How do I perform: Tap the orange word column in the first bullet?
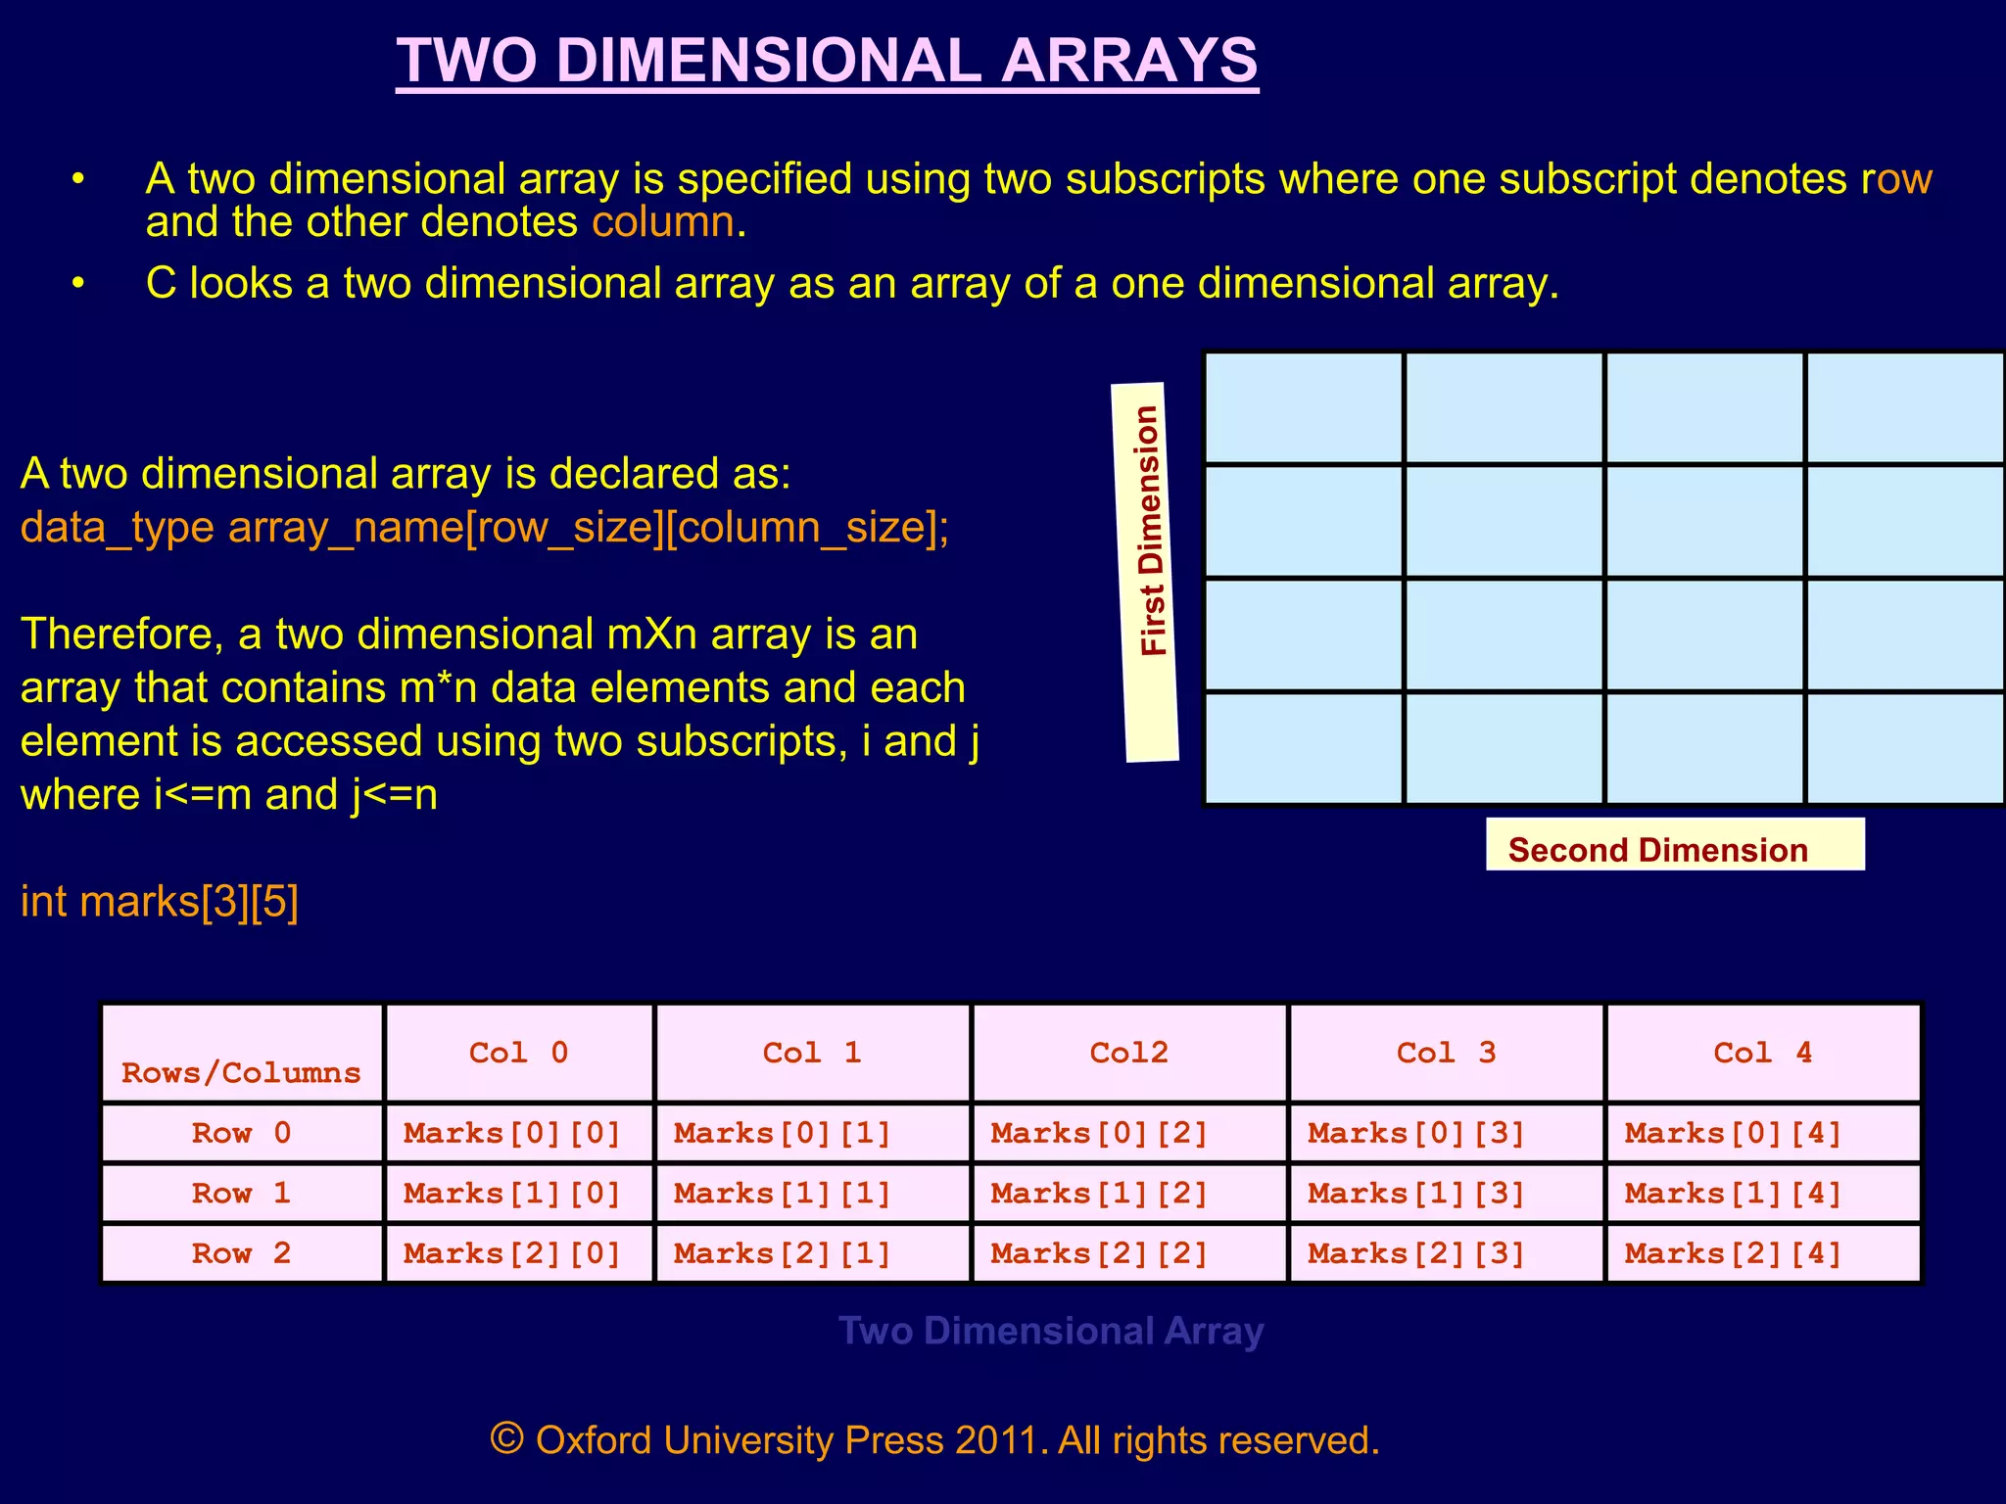662,222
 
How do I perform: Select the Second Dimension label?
1657,849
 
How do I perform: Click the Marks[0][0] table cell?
513,1133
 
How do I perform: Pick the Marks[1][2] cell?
1099,1194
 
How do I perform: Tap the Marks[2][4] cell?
1733,1253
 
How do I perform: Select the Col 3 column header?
1446,1053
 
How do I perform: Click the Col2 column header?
1128,1053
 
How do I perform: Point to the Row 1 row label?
241,1194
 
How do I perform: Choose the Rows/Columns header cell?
241,1072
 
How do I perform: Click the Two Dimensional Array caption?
1051,1331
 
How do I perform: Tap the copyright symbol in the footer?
506,1438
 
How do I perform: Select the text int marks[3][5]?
160,901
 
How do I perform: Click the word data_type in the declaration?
117,528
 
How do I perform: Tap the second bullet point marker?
78,283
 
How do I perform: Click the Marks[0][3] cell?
1416,1133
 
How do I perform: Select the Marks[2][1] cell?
782,1253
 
